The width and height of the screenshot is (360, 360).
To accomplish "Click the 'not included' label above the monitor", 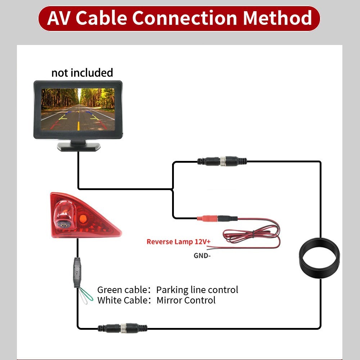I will pyautogui.click(x=82, y=73).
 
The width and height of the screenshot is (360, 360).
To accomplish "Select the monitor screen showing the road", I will pyautogui.click(x=78, y=109).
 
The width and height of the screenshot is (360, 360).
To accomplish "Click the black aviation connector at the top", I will pyautogui.click(x=222, y=161).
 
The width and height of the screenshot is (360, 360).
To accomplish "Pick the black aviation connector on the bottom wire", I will pyautogui.click(x=122, y=328).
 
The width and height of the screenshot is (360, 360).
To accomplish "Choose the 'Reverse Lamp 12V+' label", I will pyautogui.click(x=176, y=242).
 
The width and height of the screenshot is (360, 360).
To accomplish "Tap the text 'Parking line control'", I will pyautogui.click(x=197, y=290).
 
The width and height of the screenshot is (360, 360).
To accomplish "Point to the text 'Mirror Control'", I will pyautogui.click(x=186, y=300).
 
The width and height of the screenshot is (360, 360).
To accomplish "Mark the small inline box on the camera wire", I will pyautogui.click(x=77, y=271).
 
